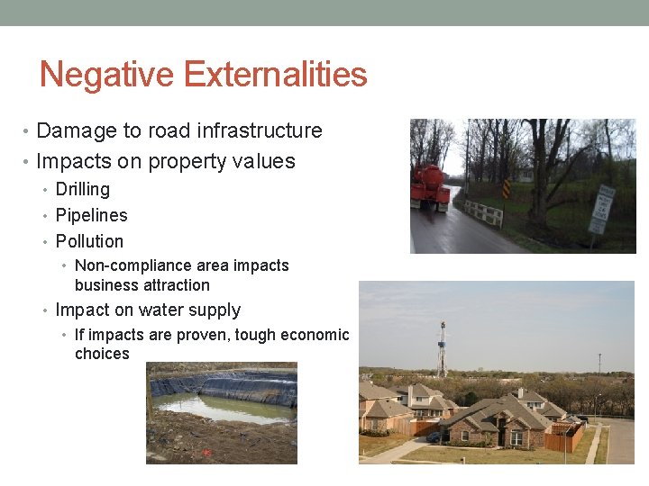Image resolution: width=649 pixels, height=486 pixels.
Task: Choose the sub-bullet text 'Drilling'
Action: [83, 189]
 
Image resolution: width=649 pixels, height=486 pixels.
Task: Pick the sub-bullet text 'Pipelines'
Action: [91, 215]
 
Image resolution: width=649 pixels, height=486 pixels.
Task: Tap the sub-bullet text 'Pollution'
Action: [89, 241]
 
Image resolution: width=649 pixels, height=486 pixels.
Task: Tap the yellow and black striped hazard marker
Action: [506, 189]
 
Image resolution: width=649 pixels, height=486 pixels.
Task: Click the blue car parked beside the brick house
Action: [435, 436]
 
